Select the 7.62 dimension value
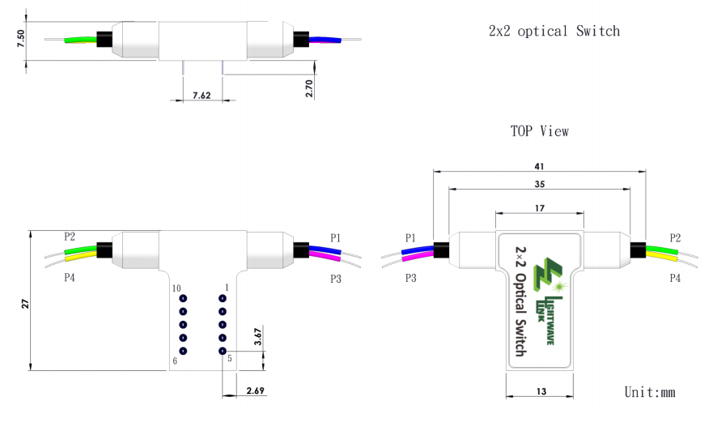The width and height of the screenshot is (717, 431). [202, 95]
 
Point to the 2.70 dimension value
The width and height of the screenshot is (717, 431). [309, 88]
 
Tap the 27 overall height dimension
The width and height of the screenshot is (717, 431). [23, 303]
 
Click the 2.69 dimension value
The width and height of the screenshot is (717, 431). [256, 391]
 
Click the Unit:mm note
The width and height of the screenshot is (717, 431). [650, 392]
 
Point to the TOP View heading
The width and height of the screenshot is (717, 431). [539, 130]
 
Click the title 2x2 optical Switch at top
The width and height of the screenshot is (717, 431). [554, 32]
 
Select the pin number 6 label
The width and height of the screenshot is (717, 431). [175, 361]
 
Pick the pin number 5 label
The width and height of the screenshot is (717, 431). [230, 358]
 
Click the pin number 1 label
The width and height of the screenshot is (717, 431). [227, 288]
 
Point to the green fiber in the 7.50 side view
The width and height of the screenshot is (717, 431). [81, 39]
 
